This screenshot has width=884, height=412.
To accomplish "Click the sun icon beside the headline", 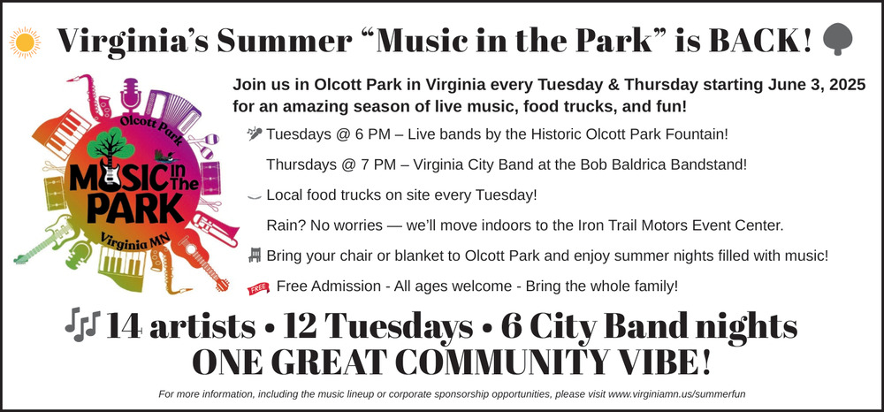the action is coord(25,42).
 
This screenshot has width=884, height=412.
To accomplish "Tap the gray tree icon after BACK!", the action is coord(838,39).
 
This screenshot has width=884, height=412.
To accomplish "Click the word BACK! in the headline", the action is coord(760,40).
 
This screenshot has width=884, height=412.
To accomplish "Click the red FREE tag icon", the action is coord(257,289).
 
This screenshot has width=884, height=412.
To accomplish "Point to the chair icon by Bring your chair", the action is coord(255,256).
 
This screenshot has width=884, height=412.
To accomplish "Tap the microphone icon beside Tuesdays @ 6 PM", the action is coord(255,134).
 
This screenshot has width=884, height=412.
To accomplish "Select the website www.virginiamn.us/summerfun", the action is coord(677,394).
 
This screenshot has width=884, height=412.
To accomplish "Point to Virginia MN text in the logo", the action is coord(136,243).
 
